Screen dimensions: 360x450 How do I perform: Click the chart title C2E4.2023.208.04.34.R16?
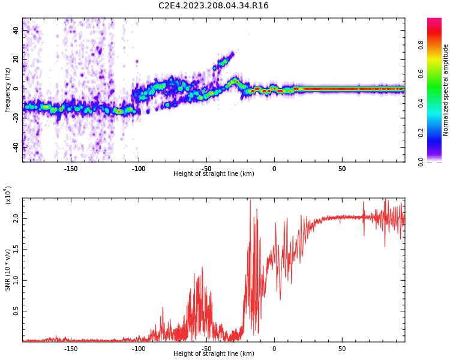pos(213,6)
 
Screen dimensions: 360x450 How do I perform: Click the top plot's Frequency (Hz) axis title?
pos(8,90)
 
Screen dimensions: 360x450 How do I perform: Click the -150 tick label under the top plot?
pos(71,169)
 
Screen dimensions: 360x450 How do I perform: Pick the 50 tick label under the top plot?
pos(342,169)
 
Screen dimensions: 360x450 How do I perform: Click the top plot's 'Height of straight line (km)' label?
pos(214,174)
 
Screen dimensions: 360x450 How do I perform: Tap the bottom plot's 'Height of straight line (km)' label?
pos(214,354)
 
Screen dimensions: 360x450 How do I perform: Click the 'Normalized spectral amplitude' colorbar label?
pos(446,90)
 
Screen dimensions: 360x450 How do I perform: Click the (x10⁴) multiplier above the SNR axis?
pos(8,194)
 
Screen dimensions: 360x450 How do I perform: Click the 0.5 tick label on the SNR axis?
pos(16,311)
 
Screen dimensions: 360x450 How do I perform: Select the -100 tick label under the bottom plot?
pos(139,349)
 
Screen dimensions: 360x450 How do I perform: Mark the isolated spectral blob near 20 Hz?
pos(223,61)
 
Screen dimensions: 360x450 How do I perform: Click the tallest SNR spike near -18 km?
pos(250,202)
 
